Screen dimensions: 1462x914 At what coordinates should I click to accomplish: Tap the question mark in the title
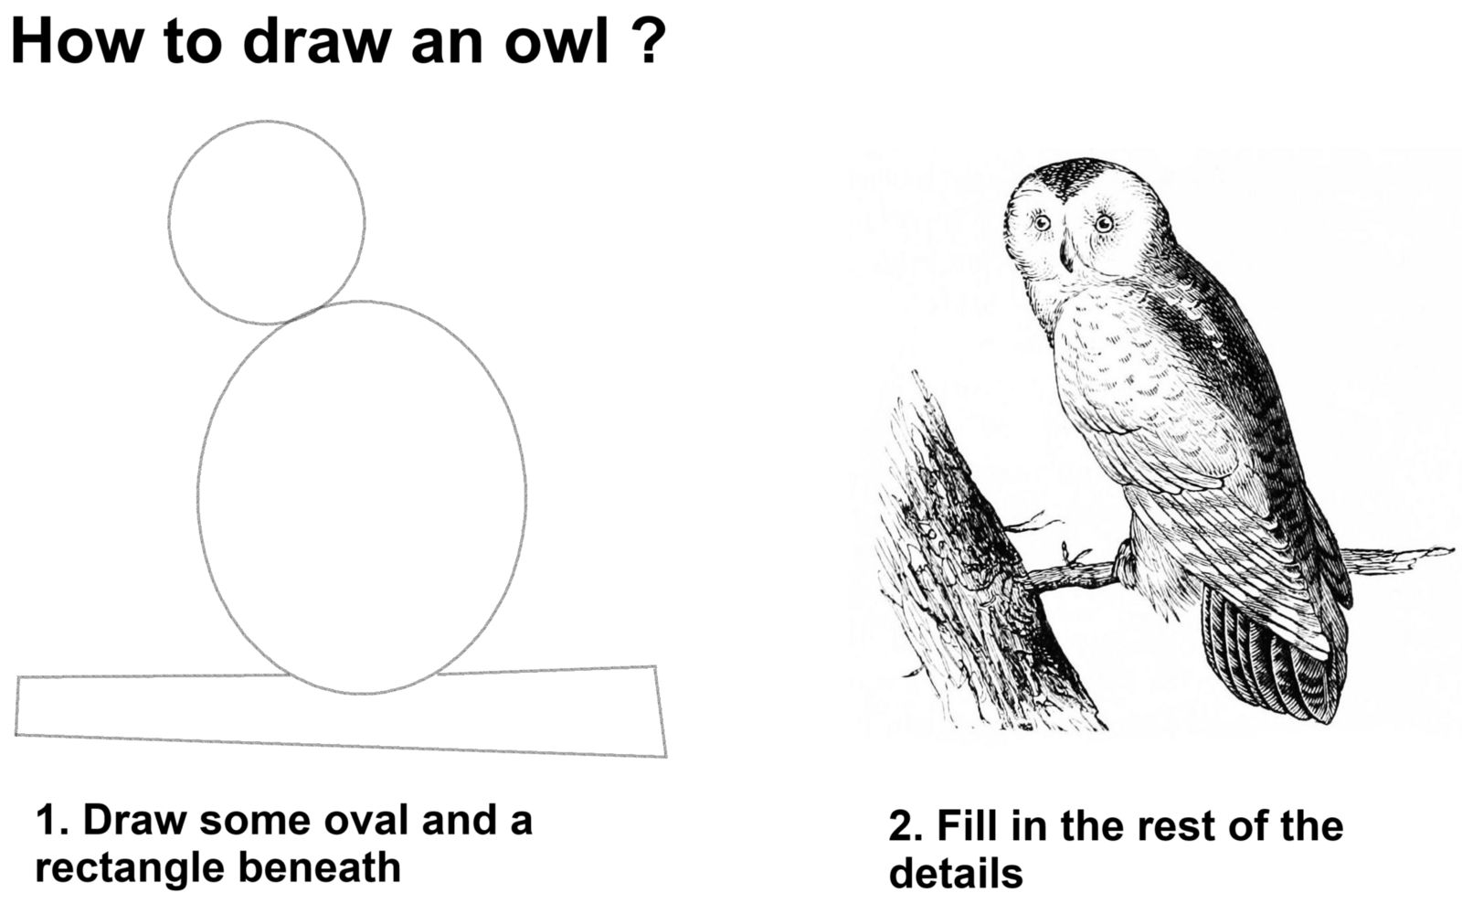click(x=646, y=39)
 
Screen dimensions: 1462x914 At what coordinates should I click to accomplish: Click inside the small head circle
click(x=266, y=222)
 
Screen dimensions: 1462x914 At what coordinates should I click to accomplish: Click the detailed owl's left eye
click(x=1042, y=223)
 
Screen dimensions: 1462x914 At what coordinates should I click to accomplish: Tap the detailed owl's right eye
click(x=1105, y=224)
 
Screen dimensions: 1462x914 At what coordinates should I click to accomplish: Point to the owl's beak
click(x=1065, y=255)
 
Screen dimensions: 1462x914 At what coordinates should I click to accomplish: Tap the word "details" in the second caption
click(x=956, y=874)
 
